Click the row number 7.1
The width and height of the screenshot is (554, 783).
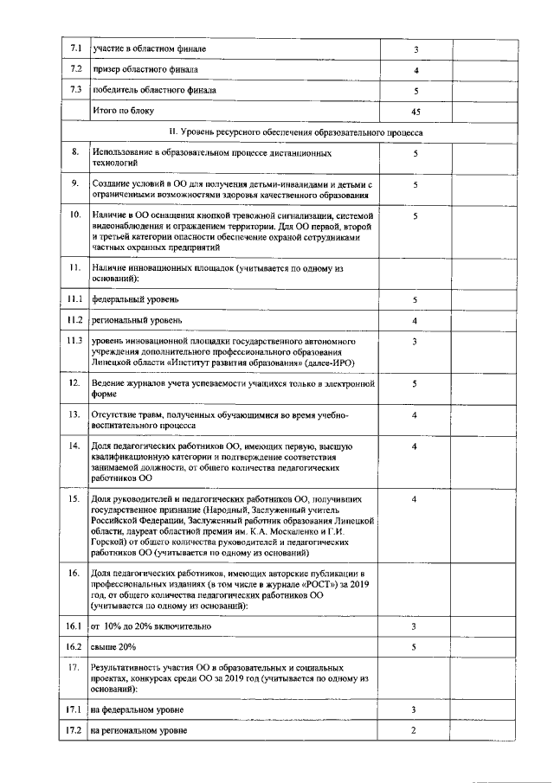[x=75, y=48]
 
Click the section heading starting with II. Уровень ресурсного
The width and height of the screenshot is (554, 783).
[x=295, y=133]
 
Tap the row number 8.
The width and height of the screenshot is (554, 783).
[x=75, y=152]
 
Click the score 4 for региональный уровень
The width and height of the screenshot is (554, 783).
[x=415, y=321]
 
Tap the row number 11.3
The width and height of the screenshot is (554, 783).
[x=75, y=342]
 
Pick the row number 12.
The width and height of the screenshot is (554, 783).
[x=75, y=382]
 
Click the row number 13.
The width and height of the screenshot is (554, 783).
[x=75, y=414]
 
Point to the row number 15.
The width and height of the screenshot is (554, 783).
[x=75, y=499]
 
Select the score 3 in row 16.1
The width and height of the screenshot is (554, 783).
[x=415, y=626]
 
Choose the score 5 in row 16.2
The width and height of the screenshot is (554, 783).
[x=415, y=646]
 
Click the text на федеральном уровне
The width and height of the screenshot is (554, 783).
[x=137, y=710]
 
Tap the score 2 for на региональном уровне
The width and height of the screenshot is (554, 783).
[x=415, y=731]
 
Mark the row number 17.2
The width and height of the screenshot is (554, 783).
[x=75, y=731]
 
